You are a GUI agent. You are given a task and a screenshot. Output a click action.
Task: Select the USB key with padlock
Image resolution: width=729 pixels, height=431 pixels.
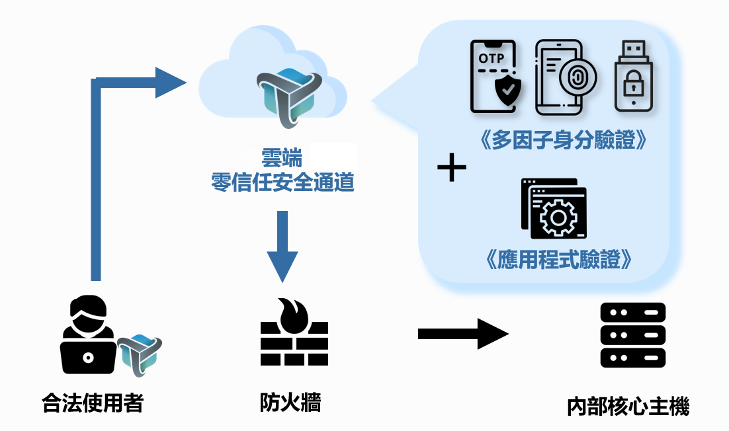[x=634, y=77]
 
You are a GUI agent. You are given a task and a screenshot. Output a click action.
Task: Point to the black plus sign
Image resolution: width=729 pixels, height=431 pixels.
[x=452, y=169]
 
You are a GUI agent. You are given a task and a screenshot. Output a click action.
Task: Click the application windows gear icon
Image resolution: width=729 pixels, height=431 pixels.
[x=554, y=209]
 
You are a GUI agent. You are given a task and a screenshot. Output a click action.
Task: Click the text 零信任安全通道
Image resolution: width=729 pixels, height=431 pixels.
[x=282, y=181]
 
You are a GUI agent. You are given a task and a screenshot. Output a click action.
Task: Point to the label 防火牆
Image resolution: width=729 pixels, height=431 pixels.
[x=290, y=402]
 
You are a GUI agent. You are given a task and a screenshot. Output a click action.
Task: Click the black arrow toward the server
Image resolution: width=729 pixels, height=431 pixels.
[x=462, y=334]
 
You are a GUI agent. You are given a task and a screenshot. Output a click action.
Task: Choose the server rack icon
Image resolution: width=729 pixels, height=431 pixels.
[x=632, y=335]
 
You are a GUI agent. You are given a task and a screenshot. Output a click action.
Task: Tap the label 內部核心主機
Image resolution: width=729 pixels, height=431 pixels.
[x=628, y=405]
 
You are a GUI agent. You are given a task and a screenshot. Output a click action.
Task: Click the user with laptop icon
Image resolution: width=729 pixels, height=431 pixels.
[x=87, y=336]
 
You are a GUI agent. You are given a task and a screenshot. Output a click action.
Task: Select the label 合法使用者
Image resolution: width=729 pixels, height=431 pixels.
[x=92, y=402]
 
